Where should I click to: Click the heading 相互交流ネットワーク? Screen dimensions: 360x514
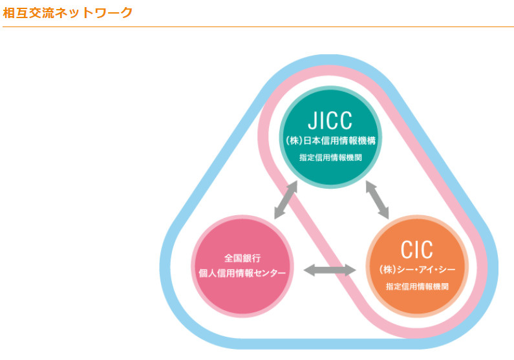point(67,12)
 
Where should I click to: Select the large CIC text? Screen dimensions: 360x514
point(416,249)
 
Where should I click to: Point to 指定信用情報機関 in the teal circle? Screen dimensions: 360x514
point(330,158)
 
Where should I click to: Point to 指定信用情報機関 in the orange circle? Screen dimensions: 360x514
point(417,285)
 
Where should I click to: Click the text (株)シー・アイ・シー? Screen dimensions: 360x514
point(417,268)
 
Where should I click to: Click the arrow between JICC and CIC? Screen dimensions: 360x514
point(378,200)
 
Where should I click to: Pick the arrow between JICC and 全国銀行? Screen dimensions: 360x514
point(285,200)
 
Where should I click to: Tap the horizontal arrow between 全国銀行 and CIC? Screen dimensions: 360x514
point(330,270)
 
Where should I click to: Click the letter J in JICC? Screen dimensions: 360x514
point(312,121)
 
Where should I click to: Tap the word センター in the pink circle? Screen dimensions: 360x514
point(270,273)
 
